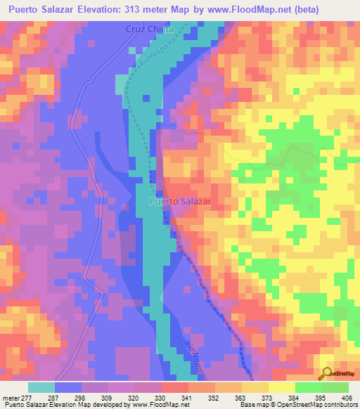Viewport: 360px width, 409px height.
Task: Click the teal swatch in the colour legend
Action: [41, 387]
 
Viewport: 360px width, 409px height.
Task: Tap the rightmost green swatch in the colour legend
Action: [335, 387]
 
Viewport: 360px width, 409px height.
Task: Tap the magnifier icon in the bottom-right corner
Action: [326, 374]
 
